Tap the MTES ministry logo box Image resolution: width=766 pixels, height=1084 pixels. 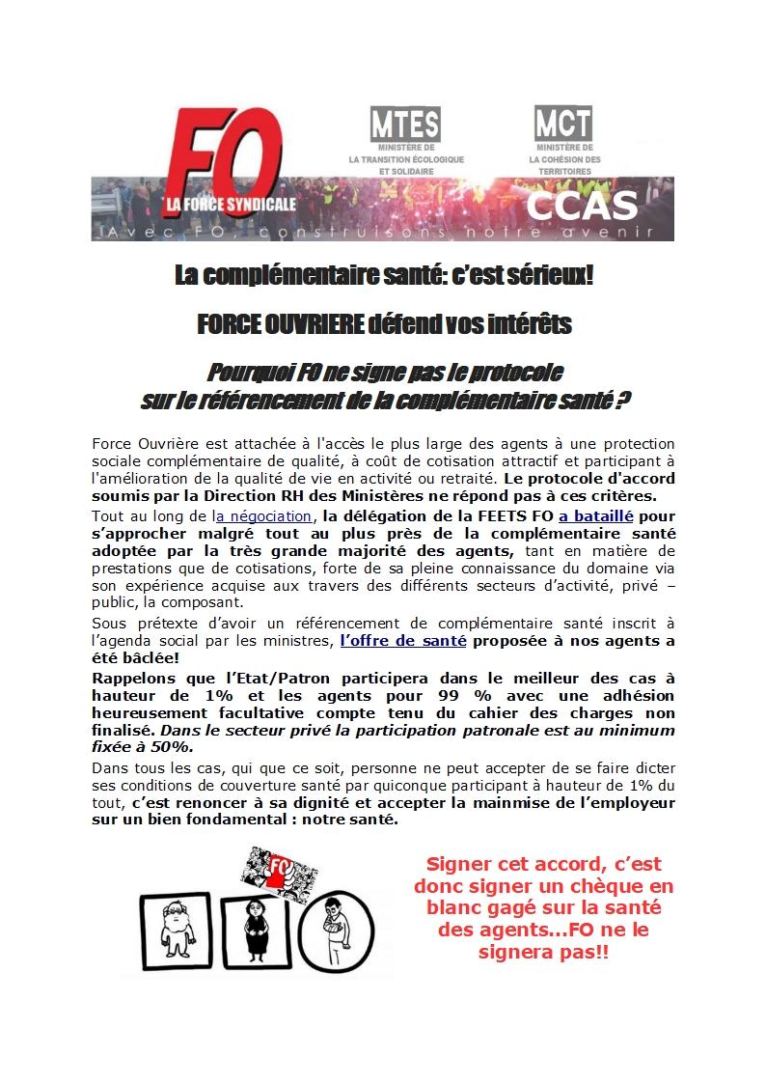(405, 125)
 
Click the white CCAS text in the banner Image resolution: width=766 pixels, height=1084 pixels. (584, 205)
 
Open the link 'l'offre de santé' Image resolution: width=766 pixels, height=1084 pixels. (403, 640)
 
